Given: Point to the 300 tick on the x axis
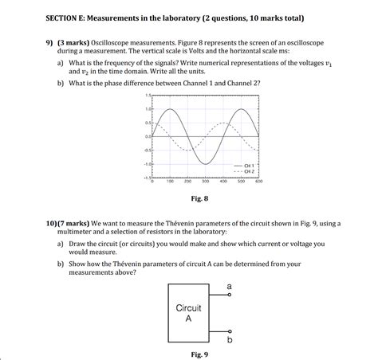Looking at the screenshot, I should pos(205,182).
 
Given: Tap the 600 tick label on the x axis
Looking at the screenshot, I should pos(258,182).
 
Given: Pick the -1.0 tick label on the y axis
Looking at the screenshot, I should pos(147,164).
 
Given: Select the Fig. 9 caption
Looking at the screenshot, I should pos(200,353).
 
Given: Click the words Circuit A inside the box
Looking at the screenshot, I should pos(188,312).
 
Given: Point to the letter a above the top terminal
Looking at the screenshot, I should pos(230,284).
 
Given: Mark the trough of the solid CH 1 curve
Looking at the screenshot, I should pos(205,164).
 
